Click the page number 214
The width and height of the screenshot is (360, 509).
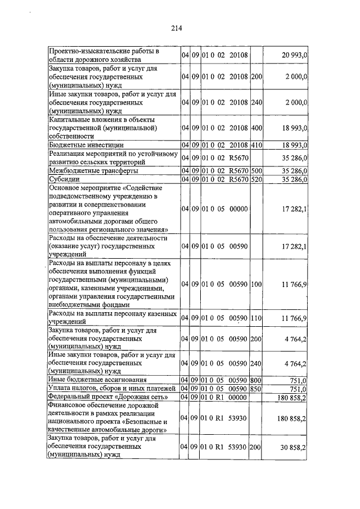(180, 28)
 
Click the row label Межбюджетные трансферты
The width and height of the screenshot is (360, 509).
(93, 170)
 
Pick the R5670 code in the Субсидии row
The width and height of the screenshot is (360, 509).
(238, 179)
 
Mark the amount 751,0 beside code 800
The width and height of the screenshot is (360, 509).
(296, 380)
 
